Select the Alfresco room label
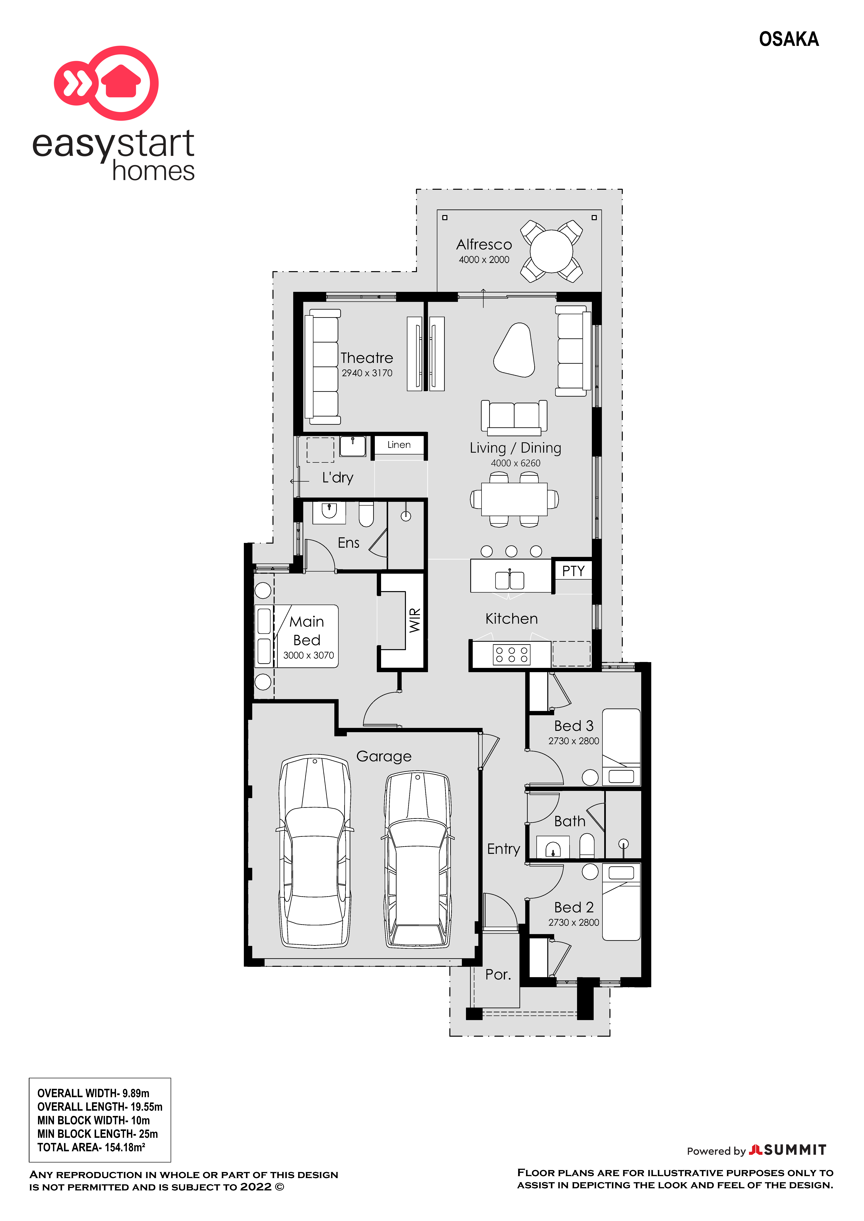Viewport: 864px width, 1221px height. [x=484, y=245]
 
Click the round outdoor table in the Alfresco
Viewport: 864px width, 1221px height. [x=551, y=250]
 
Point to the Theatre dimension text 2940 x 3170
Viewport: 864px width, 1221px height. [x=367, y=373]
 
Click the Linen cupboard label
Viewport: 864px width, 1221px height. [x=399, y=445]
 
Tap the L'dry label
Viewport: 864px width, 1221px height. [x=338, y=477]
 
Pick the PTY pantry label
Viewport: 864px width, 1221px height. [x=573, y=571]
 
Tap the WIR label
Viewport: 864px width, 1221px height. [x=415, y=620]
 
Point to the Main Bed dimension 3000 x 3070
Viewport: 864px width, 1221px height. [x=309, y=655]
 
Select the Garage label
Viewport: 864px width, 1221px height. [x=384, y=756]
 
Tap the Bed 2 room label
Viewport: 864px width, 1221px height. [x=574, y=907]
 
